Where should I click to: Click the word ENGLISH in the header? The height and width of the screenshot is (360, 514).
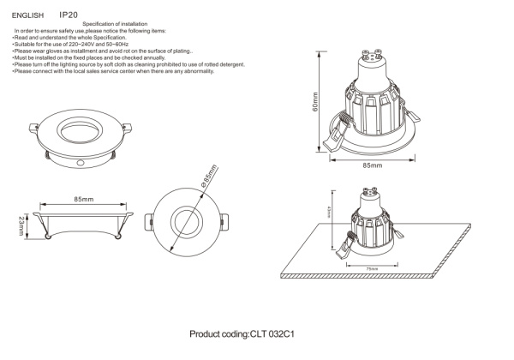pyautogui.click(x=27, y=15)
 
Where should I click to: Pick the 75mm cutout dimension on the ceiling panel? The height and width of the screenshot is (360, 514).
pyautogui.click(x=371, y=267)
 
